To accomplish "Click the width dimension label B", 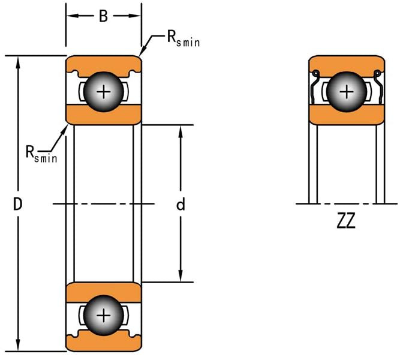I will [103, 16].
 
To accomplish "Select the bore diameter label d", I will [180, 205].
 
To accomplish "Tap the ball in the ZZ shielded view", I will [347, 92].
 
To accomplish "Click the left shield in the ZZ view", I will [315, 90].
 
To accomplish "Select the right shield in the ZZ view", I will [378, 90].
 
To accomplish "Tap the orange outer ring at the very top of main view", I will [104, 62].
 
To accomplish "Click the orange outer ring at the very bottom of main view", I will [104, 346].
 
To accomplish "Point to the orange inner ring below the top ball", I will [104, 113].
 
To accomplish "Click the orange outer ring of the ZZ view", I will [347, 62].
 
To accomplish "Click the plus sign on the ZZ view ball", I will [347, 92].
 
